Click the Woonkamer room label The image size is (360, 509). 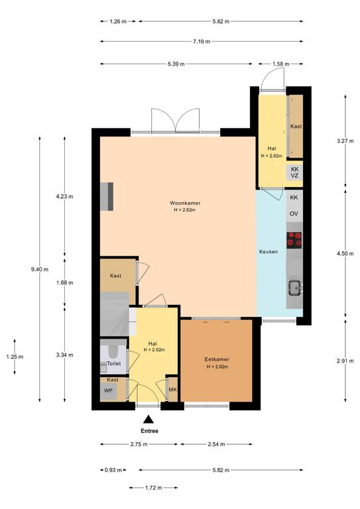click(185, 203)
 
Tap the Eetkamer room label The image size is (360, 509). click(217, 359)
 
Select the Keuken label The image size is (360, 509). click(269, 252)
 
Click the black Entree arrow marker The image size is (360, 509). click(149, 420)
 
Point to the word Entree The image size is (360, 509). click(149, 431)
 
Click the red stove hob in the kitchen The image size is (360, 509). click(294, 240)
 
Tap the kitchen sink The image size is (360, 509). click(296, 288)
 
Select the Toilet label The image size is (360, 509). click(114, 364)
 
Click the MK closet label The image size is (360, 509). click(172, 389)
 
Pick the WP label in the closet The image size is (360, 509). click(108, 390)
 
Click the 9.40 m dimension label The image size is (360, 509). click(40, 269)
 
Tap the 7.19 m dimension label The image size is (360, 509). click(202, 42)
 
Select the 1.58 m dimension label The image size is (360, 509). click(281, 64)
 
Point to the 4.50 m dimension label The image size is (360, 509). click(345, 254)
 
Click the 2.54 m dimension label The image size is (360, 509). click(216, 444)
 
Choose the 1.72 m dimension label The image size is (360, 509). click(153, 488)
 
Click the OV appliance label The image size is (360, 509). click(294, 213)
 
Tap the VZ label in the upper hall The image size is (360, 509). click(294, 176)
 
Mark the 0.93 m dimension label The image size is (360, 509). click(113, 470)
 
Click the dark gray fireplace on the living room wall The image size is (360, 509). click(107, 197)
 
